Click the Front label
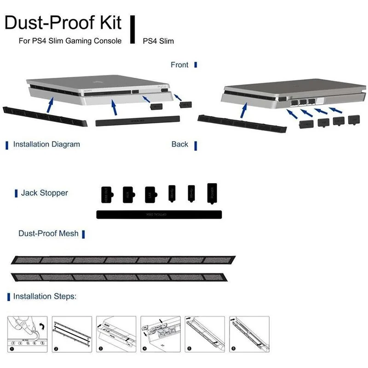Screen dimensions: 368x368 click(x=179, y=65)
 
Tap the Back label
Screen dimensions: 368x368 click(x=180, y=144)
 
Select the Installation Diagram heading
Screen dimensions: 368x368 click(x=46, y=144)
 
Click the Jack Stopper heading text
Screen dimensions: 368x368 click(x=44, y=193)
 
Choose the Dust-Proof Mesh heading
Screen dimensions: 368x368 click(x=48, y=234)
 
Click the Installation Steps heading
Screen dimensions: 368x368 click(x=45, y=296)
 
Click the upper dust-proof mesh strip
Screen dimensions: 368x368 click(x=123, y=260)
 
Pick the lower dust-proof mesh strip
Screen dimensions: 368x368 click(x=123, y=278)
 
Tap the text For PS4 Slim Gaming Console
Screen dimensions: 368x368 click(x=70, y=41)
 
